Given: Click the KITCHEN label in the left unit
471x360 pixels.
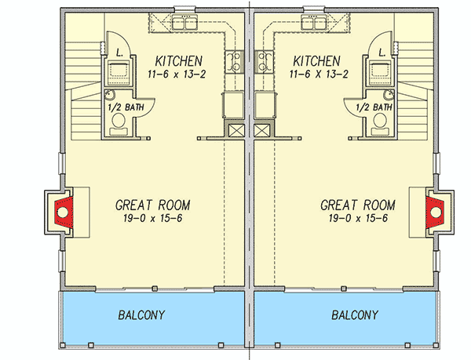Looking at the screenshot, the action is click(179, 61).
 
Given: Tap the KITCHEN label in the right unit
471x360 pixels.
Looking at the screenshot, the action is click(316, 61).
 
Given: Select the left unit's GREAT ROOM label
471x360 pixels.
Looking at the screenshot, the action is click(152, 205).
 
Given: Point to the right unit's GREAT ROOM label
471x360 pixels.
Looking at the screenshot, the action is click(358, 205).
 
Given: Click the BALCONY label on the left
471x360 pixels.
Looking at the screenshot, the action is click(141, 315).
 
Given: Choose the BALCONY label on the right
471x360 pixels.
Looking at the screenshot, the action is click(355, 315).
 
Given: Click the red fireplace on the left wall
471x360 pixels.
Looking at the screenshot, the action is click(64, 212).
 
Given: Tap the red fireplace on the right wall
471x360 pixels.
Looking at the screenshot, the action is click(435, 212).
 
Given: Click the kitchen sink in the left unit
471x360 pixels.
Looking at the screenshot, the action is click(184, 22).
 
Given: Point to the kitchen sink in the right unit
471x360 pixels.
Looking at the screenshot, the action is click(314, 22).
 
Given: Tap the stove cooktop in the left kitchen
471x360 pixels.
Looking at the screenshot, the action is click(234, 62).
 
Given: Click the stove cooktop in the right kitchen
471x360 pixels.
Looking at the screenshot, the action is click(264, 62).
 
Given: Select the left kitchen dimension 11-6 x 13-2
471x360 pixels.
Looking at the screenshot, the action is click(177, 74).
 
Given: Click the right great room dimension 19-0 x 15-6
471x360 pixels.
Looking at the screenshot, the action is click(358, 218).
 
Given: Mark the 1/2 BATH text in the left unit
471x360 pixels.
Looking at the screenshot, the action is click(126, 107).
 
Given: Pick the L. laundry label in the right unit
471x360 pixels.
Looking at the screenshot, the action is click(382, 53).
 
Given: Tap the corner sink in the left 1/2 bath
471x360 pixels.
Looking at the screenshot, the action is click(110, 94).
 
